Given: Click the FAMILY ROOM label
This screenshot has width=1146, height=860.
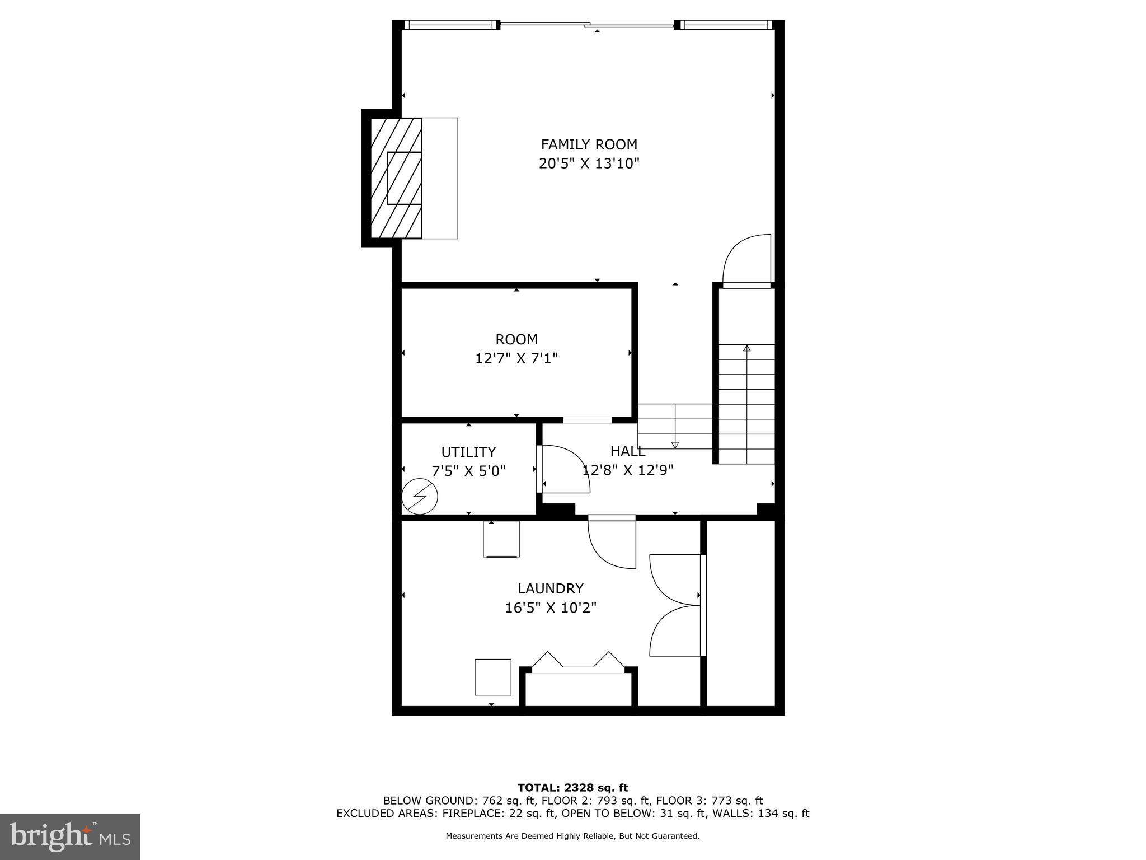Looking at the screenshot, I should pos(589,144).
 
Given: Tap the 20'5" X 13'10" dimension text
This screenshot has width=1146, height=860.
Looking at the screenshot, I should pos(589,163).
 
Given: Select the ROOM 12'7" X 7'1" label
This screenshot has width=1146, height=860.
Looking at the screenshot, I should pos(516,348).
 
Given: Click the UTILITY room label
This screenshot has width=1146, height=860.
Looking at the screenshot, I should pos(468,452).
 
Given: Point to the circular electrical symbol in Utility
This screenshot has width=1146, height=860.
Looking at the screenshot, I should pos(420,496).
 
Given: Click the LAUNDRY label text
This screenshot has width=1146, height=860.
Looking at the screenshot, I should pos(550,588).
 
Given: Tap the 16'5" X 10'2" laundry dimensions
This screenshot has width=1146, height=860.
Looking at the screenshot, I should pos(551,607).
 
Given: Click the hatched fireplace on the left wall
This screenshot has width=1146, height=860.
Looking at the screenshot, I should pos(396,177).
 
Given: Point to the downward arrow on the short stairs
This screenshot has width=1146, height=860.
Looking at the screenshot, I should pos(675,445).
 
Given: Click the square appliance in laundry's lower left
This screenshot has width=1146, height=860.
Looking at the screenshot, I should pos(492,677).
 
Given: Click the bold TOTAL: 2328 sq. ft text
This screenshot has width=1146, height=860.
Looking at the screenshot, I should pos(572,788).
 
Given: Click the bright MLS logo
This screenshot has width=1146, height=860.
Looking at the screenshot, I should pos(70,836).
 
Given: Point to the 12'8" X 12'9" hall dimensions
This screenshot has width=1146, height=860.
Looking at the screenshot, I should pos(628,470).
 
